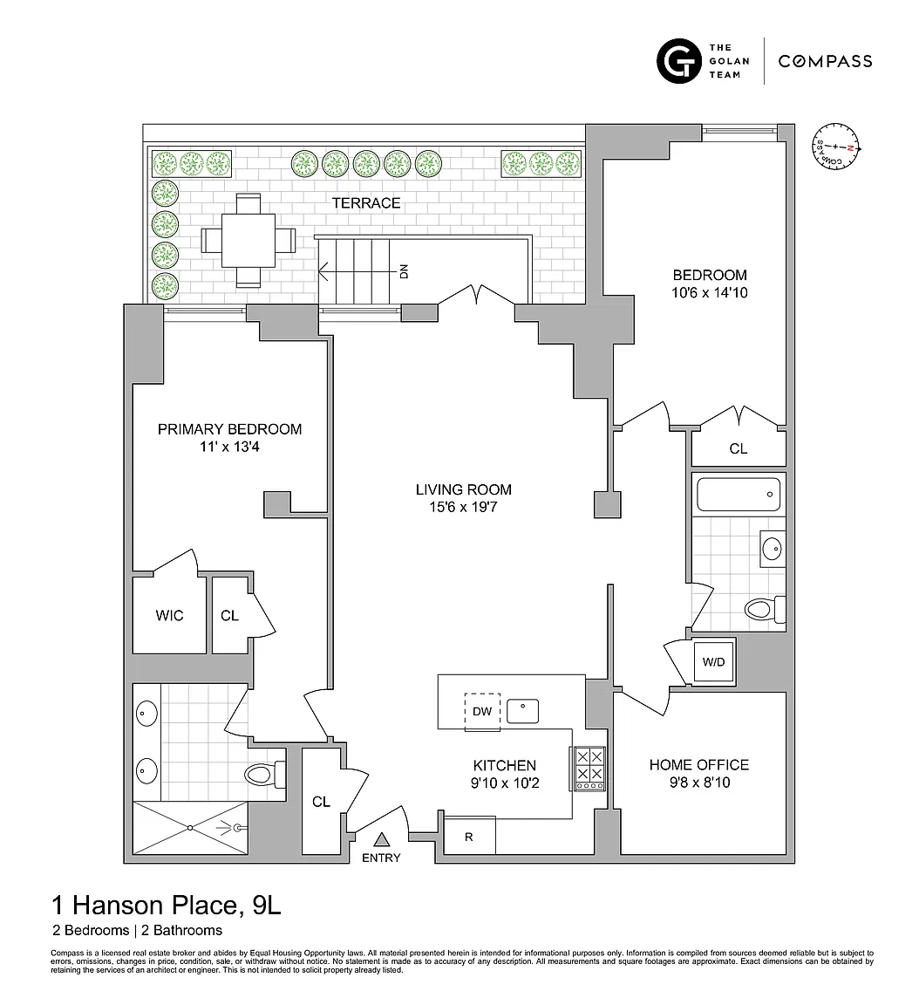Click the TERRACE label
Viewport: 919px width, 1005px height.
[365, 203]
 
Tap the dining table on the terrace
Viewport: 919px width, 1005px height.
[248, 241]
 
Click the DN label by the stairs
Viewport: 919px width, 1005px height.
[404, 272]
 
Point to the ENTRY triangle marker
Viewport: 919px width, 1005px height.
[382, 839]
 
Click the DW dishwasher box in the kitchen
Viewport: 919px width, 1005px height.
[482, 711]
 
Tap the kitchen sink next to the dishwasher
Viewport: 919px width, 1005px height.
[522, 711]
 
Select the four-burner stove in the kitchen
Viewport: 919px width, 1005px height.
[588, 769]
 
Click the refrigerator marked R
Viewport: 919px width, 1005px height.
[469, 835]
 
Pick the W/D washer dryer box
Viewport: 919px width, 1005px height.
[714, 661]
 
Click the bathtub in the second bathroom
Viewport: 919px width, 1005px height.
[739, 494]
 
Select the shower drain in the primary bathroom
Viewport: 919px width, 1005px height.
[190, 827]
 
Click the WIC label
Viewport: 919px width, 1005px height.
[169, 615]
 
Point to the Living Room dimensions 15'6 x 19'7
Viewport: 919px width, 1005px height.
[463, 507]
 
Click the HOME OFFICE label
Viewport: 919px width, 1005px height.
[698, 764]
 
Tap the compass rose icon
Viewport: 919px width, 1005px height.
[836, 147]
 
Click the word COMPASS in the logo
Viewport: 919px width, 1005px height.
[825, 61]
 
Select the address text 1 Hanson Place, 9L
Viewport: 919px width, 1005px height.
[166, 905]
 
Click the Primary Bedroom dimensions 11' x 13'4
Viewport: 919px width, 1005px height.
[229, 447]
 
